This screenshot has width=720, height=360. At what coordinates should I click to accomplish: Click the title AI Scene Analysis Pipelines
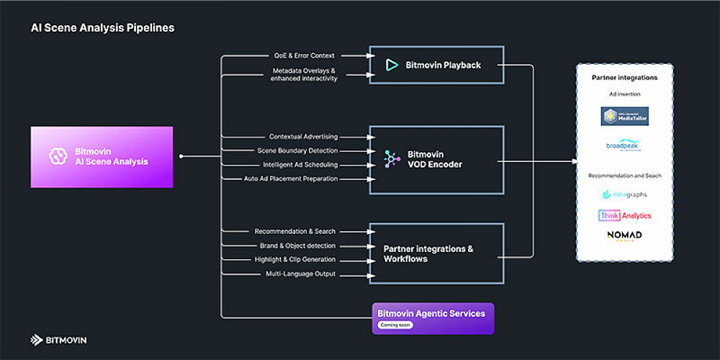[102, 28]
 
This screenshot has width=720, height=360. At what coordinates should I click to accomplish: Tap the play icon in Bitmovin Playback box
[392, 65]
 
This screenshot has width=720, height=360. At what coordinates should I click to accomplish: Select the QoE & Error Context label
[304, 55]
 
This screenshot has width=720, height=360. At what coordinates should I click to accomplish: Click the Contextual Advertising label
[303, 137]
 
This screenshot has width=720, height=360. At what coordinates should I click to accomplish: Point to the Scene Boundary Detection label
[297, 150]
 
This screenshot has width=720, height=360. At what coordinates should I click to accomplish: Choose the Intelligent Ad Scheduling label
[300, 165]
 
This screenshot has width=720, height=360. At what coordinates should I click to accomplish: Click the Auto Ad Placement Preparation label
[291, 179]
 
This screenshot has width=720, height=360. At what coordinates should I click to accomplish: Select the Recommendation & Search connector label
[295, 232]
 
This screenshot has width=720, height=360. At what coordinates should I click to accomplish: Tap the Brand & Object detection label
[297, 246]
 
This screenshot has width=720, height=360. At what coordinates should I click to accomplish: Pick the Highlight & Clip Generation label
[295, 259]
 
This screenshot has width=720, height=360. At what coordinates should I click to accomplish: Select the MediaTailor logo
[624, 116]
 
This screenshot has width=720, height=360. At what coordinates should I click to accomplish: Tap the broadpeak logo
[624, 145]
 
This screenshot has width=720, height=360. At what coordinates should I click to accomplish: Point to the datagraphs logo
[624, 194]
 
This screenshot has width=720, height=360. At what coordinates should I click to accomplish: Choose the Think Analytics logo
[624, 215]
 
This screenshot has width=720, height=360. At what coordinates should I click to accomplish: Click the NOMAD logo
[624, 237]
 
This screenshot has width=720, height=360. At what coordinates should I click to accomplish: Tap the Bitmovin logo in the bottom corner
[58, 340]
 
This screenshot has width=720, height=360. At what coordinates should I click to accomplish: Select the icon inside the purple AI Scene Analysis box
[58, 156]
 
